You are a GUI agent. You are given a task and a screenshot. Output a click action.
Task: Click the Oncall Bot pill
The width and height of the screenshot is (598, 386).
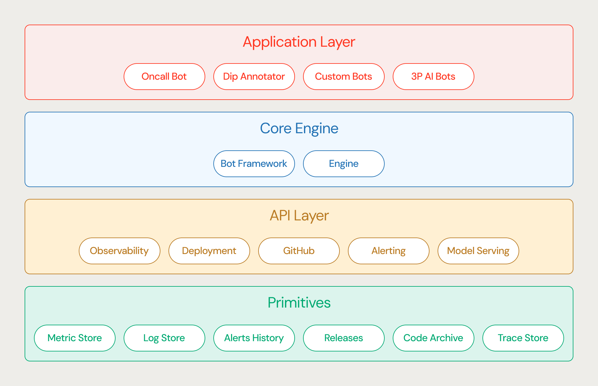164,77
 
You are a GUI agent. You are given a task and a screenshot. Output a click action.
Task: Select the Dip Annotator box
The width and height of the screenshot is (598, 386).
254,77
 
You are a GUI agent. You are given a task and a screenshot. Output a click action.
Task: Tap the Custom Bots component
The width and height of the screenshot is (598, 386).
344,77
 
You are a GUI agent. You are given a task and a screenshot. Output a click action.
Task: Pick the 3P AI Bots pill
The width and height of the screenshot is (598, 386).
434,77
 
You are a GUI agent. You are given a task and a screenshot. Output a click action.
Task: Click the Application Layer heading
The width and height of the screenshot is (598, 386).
299,42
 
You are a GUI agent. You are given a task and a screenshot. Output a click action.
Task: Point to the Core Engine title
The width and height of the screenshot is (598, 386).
299,129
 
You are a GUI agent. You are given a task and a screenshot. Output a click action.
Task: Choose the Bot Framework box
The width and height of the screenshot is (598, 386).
254,164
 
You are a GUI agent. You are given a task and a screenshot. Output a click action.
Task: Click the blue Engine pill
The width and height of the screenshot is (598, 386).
344,164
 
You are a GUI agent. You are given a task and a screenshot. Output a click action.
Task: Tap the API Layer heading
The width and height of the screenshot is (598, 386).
299,216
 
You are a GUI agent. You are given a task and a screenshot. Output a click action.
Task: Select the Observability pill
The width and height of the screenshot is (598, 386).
120,251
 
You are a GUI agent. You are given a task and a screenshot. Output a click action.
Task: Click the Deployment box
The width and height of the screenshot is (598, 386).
209,251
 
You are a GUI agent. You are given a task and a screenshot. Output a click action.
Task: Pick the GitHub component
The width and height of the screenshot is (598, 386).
299,251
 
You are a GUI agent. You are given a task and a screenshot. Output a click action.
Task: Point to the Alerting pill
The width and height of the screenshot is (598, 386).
389,251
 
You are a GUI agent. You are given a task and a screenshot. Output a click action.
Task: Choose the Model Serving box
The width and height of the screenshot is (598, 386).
478,251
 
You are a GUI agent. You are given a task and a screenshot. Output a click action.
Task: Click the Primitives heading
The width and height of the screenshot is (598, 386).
299,303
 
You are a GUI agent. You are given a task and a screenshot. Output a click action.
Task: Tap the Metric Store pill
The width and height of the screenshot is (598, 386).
75,338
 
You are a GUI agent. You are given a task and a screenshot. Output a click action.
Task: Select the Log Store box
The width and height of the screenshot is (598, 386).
164,338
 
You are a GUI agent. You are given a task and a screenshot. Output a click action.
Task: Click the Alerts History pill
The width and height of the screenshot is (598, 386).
254,338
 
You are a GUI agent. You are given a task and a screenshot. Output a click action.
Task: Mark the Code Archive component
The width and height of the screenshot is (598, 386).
434,338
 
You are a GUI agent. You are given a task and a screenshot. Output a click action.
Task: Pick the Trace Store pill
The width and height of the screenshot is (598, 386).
523,338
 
